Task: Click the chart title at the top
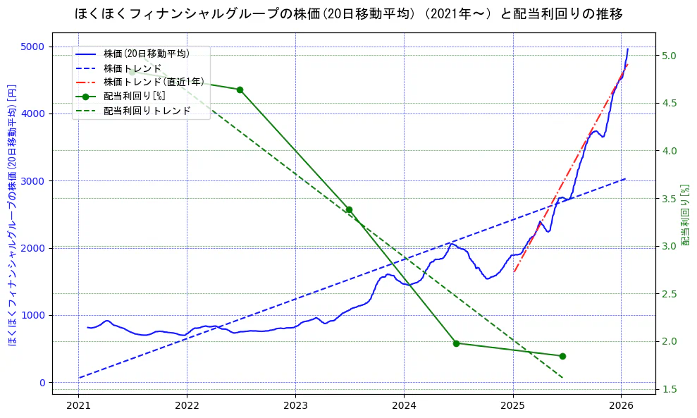pos(348,14)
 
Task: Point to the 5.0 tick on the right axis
pos(669,56)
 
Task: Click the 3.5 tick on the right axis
pos(669,199)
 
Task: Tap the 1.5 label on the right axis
pos(669,389)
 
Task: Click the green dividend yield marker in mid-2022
pos(240,90)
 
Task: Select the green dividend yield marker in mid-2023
pos(348,209)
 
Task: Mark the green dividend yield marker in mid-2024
pos(456,343)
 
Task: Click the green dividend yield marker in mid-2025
pos(562,356)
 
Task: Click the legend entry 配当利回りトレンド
pos(147,111)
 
